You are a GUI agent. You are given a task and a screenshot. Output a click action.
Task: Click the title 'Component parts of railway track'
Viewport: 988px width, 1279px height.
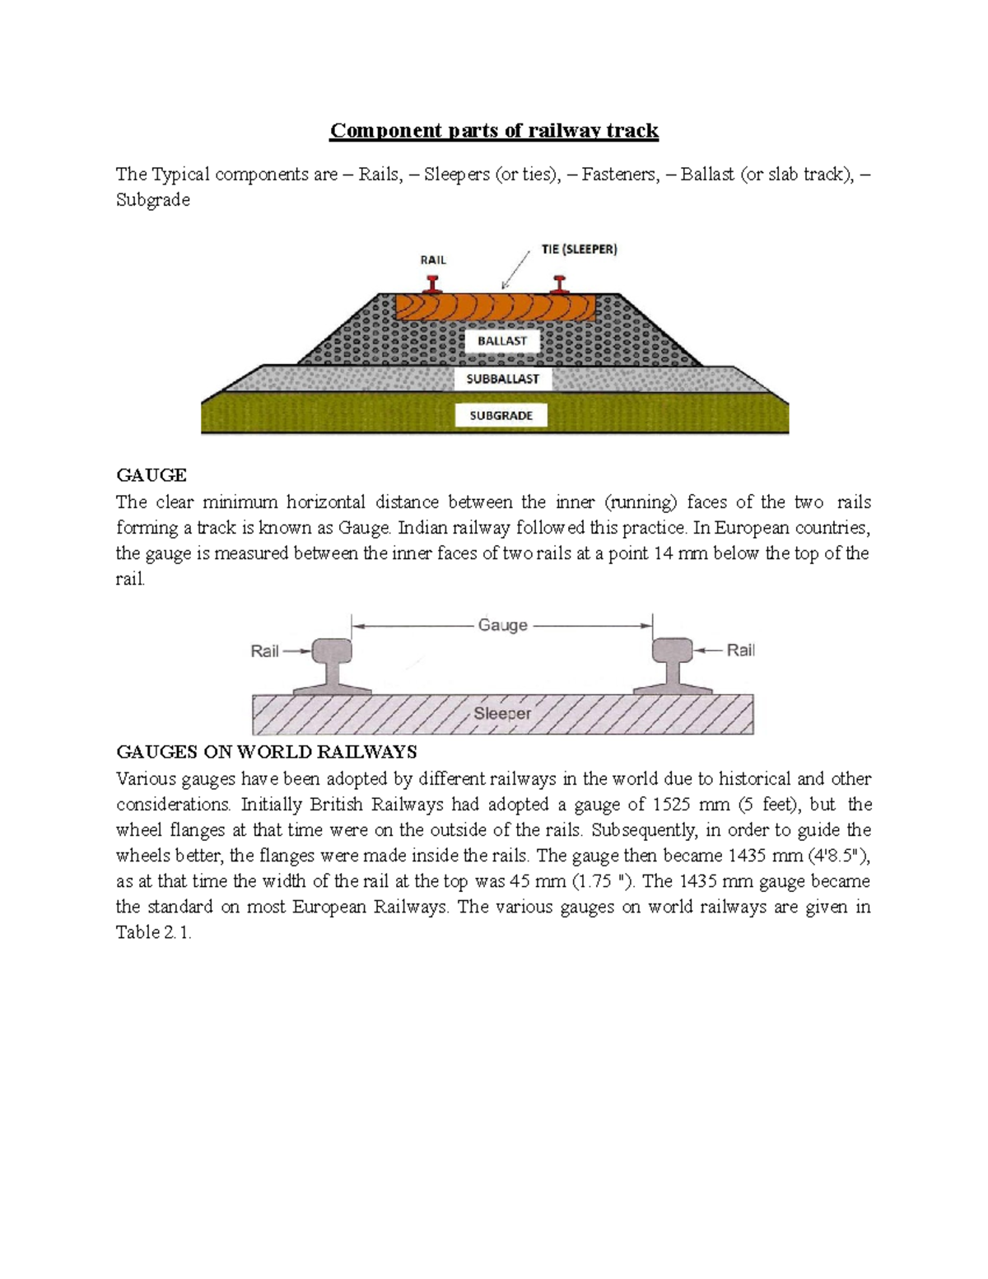[x=494, y=131]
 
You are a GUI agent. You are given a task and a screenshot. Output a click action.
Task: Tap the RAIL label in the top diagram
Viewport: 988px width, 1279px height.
[x=433, y=259]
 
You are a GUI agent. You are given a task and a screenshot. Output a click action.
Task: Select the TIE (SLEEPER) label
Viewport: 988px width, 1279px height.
[x=580, y=249]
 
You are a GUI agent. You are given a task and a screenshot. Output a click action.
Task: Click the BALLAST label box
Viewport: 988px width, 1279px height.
[x=502, y=341]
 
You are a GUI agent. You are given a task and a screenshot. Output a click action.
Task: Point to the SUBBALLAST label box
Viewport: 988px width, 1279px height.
[x=502, y=379]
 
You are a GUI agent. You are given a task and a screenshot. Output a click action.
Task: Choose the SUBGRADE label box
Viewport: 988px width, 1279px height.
[x=501, y=416]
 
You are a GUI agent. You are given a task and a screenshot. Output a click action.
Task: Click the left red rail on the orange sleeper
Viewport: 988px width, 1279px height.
[x=431, y=285]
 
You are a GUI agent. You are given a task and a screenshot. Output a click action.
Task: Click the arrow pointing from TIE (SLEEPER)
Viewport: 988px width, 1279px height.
[x=516, y=270]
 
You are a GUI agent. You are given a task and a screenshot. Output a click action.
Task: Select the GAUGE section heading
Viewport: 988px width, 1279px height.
[x=151, y=475]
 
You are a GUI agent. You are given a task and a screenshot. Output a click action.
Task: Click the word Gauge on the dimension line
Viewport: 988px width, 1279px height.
[x=502, y=625]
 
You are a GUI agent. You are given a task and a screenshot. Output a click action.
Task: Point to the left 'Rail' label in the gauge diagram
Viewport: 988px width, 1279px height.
[x=264, y=651]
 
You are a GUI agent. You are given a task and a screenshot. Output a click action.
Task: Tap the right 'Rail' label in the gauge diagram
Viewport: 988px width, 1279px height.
[x=740, y=650]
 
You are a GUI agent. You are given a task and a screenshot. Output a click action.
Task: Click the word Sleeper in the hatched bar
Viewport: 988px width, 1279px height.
[x=502, y=713]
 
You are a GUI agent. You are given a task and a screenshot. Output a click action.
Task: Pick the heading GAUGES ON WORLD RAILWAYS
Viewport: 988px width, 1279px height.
[x=267, y=752]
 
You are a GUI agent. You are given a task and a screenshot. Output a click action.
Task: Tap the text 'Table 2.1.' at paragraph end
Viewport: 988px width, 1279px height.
[x=154, y=932]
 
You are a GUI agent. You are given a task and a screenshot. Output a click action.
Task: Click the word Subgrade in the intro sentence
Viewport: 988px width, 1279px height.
[x=153, y=200]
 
